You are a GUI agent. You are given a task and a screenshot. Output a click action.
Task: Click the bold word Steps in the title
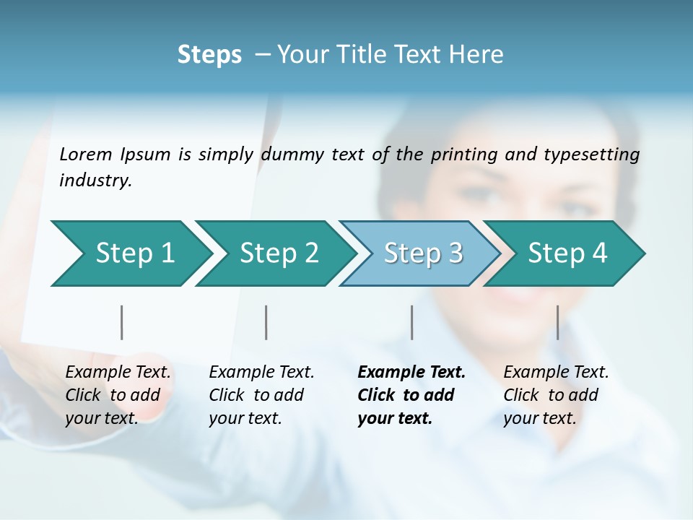(209, 55)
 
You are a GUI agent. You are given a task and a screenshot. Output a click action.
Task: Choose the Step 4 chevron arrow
(567, 253)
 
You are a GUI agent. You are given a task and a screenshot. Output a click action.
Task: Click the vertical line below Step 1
(122, 322)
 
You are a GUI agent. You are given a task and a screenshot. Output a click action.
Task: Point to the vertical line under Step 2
(266, 322)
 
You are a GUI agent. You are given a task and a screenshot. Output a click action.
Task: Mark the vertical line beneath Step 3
(412, 322)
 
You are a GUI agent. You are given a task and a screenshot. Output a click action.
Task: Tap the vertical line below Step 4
(557, 322)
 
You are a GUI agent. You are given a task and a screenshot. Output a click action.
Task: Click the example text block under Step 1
(118, 395)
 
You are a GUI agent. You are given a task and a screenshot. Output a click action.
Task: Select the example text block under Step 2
(261, 395)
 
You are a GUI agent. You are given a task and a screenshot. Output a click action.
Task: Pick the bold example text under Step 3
(411, 395)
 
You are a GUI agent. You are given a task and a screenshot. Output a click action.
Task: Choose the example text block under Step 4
(556, 395)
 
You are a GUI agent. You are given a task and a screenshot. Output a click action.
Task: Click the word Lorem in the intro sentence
(86, 154)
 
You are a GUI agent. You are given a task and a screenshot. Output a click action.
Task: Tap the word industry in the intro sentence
(95, 180)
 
